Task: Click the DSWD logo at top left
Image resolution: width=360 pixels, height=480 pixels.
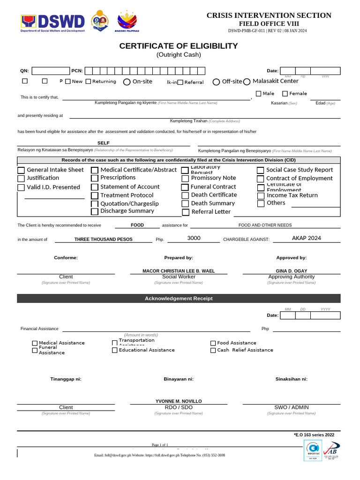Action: (x=52, y=22)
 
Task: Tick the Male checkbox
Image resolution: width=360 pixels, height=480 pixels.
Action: (x=258, y=93)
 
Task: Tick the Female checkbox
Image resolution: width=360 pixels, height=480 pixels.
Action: (x=285, y=93)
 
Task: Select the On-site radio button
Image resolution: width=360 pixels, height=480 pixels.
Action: (x=127, y=82)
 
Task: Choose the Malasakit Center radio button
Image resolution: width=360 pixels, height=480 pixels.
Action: (x=247, y=82)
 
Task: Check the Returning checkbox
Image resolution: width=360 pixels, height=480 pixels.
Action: (x=88, y=82)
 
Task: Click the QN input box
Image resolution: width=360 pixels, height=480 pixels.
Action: (x=50, y=71)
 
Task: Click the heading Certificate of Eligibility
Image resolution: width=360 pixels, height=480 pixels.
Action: (x=178, y=46)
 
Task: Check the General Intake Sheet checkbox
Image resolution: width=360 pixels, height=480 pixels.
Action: (x=21, y=170)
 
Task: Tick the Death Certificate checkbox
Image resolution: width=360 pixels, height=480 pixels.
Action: (x=186, y=195)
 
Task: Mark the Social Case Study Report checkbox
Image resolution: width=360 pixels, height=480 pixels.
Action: (x=261, y=171)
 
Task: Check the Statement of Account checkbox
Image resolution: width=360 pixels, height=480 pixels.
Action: (x=95, y=187)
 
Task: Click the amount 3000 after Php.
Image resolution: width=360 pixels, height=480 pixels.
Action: (x=194, y=238)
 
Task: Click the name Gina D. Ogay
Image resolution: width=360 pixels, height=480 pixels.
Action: (x=291, y=271)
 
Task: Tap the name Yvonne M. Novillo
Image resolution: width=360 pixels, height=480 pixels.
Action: (x=179, y=401)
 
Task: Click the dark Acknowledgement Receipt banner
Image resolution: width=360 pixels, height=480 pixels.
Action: (x=179, y=299)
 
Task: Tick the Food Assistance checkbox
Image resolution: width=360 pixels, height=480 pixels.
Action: (x=213, y=343)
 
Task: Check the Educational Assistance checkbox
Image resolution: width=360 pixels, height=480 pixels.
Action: (x=115, y=350)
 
